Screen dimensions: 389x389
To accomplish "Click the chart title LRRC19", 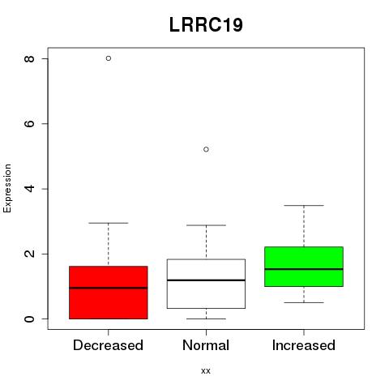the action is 206,25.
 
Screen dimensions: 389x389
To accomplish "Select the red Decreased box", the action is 109,293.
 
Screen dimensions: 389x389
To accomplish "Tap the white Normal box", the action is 206,284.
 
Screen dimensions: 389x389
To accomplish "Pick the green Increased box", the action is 304,267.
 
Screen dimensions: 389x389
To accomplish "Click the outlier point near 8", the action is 109,58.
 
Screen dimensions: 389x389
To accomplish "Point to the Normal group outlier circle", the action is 206,149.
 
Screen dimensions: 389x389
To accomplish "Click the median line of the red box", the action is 109,288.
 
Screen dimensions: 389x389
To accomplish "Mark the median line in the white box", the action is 206,280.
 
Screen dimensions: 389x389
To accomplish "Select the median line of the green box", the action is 304,269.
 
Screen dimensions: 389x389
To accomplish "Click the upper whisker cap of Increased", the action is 304,206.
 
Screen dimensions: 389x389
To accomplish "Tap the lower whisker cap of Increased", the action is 304,302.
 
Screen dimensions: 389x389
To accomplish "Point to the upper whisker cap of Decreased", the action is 109,223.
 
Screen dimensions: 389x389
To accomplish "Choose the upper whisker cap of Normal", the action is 206,225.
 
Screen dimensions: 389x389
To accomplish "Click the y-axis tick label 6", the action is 29,124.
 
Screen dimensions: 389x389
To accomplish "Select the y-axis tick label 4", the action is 29,189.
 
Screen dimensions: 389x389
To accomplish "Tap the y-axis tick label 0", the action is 29,319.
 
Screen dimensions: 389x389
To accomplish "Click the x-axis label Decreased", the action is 108,345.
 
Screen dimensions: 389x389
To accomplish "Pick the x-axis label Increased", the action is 304,345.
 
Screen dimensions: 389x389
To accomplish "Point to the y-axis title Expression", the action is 7,188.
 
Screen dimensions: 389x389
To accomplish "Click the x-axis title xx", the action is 206,371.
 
